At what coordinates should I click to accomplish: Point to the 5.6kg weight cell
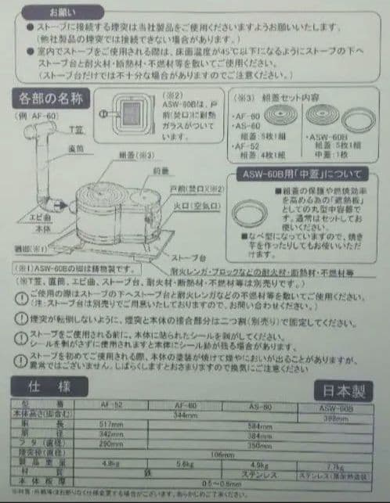tap(186, 462)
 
